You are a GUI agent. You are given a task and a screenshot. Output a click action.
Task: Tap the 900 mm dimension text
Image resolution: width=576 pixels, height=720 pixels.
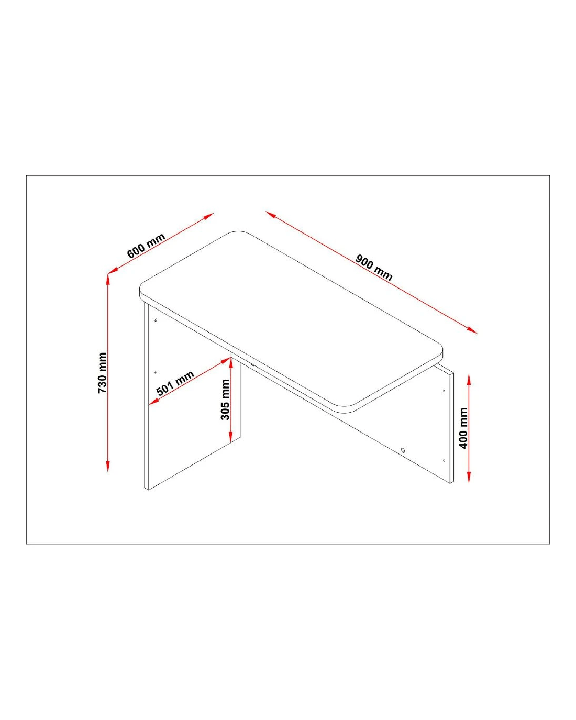(373, 268)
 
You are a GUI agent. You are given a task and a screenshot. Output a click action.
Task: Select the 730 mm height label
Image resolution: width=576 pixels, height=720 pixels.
(102, 372)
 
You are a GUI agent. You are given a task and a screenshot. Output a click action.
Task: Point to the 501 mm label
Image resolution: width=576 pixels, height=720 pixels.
(175, 383)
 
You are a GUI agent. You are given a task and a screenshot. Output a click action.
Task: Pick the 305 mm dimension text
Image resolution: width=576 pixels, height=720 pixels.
(225, 400)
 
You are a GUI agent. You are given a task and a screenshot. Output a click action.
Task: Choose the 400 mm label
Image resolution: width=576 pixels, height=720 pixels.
(463, 428)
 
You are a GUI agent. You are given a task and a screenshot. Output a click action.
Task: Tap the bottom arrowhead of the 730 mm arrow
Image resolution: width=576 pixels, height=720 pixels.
(108, 466)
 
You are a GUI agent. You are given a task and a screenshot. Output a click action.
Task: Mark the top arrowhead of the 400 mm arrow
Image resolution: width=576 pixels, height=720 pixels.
(469, 380)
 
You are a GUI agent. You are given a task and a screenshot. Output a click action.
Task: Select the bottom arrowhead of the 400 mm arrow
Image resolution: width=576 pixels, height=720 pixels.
(469, 477)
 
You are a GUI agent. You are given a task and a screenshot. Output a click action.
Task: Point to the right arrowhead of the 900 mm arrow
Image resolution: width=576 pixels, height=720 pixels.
(472, 330)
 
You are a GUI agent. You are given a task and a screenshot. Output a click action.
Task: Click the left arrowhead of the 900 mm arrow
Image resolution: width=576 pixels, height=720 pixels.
(271, 215)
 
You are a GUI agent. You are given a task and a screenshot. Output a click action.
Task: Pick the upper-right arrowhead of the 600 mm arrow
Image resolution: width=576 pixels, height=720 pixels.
(208, 216)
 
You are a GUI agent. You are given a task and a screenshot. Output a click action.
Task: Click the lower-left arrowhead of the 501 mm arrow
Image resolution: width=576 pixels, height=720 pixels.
(153, 402)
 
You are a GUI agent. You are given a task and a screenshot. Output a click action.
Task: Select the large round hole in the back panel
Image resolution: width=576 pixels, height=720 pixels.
(403, 450)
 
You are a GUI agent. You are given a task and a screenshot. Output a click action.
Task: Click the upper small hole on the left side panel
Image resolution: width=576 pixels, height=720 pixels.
(156, 320)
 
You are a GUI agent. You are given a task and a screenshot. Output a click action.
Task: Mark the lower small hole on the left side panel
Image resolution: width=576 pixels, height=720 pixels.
(156, 372)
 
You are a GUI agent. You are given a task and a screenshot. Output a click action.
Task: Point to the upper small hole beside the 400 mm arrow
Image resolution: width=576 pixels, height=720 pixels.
(444, 391)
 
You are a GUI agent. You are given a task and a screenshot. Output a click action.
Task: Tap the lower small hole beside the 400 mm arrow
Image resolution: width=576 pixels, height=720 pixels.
(444, 460)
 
